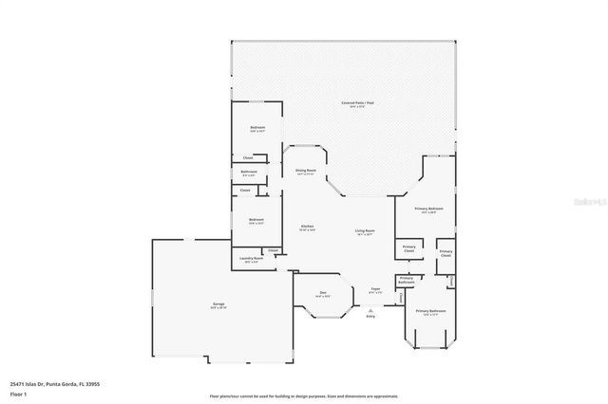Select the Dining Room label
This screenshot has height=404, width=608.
tap(305, 170)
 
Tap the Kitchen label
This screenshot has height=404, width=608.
tap(308, 227)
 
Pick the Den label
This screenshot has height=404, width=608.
tap(323, 292)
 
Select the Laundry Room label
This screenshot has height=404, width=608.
tap(252, 258)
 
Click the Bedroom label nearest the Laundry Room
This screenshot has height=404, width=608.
tap(256, 220)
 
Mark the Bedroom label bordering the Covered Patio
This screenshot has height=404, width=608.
tap(256, 128)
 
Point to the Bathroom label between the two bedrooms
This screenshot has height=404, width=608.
tap(249, 173)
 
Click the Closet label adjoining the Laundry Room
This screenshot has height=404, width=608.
tap(273, 250)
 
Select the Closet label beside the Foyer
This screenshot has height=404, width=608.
tap(401, 297)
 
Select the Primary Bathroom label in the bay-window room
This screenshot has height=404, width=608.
tap(430, 311)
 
